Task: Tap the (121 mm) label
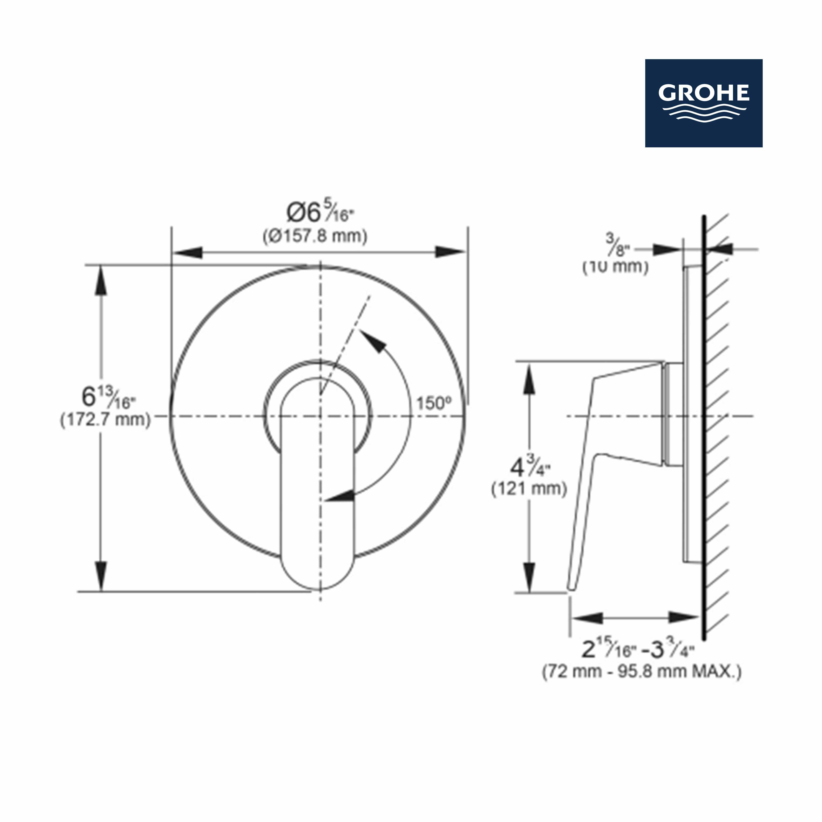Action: (529, 489)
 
